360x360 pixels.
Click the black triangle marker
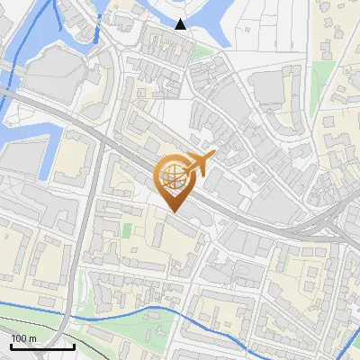click(181, 24)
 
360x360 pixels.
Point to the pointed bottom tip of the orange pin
click(174, 211)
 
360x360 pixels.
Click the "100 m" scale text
click(23, 337)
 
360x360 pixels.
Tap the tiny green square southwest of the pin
click(127, 230)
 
